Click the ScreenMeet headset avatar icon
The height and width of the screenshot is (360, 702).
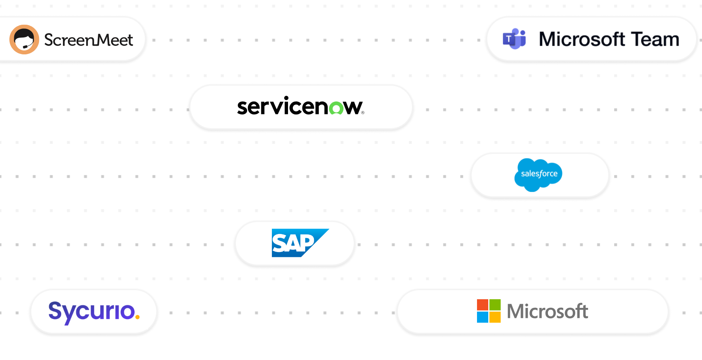click(x=24, y=40)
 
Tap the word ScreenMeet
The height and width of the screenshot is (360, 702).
click(x=88, y=40)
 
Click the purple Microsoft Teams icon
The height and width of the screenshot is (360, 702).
click(x=514, y=39)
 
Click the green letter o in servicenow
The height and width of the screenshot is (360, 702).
click(x=336, y=108)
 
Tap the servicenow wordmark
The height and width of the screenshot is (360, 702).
click(x=300, y=106)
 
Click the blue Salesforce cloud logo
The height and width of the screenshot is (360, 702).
click(x=538, y=174)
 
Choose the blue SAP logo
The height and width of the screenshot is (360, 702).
click(x=299, y=243)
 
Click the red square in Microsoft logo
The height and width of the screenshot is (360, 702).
click(x=482, y=304)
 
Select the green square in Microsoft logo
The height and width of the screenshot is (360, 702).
click(x=495, y=304)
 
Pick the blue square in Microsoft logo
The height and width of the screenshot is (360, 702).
click(x=482, y=317)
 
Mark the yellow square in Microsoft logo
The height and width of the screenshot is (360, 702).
click(x=495, y=317)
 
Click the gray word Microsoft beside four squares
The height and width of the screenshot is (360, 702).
click(x=547, y=311)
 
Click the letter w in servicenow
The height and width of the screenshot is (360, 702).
click(x=353, y=108)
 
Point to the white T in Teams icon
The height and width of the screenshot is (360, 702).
click(x=508, y=39)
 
